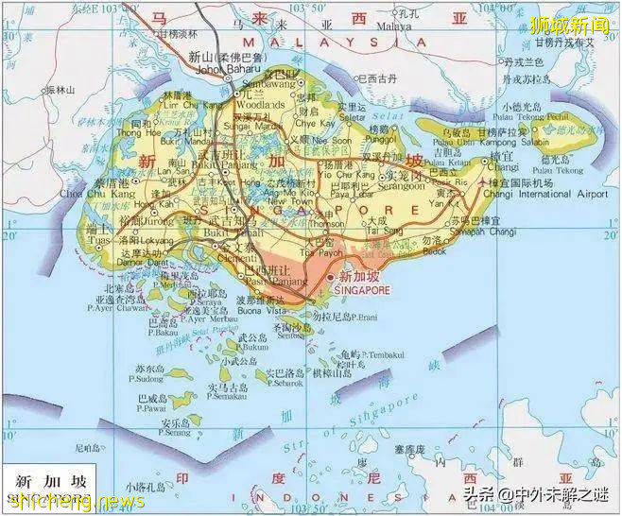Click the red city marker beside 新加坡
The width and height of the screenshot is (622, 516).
pos(330,277)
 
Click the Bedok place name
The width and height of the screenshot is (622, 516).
pos(434,250)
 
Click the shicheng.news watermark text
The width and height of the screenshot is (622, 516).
pos(72,502)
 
